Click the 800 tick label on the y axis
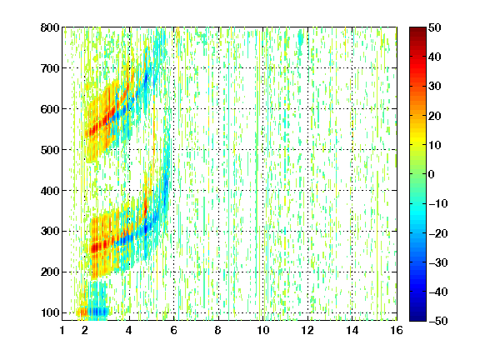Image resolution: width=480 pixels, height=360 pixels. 50,27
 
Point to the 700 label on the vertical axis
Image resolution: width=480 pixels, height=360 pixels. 50,68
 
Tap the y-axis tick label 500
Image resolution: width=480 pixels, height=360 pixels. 50,150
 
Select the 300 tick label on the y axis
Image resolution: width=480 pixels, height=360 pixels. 50,231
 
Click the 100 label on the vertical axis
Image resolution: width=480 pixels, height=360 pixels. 50,312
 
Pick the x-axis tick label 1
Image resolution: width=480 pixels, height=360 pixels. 62,330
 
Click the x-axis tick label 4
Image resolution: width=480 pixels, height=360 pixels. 129,330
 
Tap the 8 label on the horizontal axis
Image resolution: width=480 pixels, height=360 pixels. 218,330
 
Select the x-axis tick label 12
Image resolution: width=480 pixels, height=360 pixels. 307,330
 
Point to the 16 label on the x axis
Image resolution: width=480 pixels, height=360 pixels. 397,330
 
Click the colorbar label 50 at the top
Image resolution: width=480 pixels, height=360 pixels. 434,27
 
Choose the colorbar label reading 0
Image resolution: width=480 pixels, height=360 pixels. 432,174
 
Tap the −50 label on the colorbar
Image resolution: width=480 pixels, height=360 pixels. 438,321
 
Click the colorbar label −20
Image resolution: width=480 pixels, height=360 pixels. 438,233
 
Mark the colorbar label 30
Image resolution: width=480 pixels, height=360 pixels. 434,86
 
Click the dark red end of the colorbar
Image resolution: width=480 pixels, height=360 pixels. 417,30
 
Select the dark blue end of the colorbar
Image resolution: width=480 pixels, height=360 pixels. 417,318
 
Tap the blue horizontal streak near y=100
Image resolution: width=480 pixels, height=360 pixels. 97,312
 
